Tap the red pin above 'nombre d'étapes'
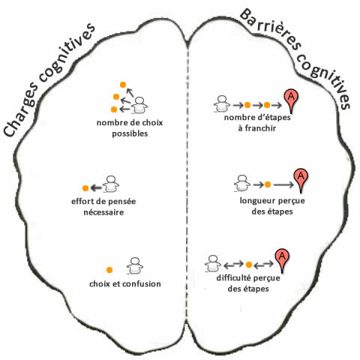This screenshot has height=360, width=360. pyautogui.click(x=291, y=101)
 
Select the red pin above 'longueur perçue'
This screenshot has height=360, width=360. pyautogui.click(x=301, y=180)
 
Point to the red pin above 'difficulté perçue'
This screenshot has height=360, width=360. pyautogui.click(x=282, y=260)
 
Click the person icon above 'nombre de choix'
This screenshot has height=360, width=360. pyautogui.click(x=139, y=105)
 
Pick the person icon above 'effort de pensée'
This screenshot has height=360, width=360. pyautogui.click(x=111, y=184)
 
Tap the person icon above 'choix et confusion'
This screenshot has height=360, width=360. pyautogui.click(x=135, y=266)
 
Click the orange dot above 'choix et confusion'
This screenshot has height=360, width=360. pyautogui.click(x=109, y=270)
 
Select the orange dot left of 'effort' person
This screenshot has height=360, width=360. pyautogui.click(x=85, y=188)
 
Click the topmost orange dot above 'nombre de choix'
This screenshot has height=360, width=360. pyautogui.click(x=122, y=85)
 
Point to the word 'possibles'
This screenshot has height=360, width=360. pyautogui.click(x=130, y=133)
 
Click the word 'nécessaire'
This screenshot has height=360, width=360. pyautogui.click(x=103, y=212)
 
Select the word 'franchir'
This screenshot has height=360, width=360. pyautogui.click(x=260, y=128)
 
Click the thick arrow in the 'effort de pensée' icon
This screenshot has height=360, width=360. pyautogui.click(x=96, y=188)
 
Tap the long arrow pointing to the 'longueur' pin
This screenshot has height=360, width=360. pyautogui.click(x=283, y=184)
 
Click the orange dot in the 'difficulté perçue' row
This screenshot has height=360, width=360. pyautogui.click(x=249, y=265)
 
